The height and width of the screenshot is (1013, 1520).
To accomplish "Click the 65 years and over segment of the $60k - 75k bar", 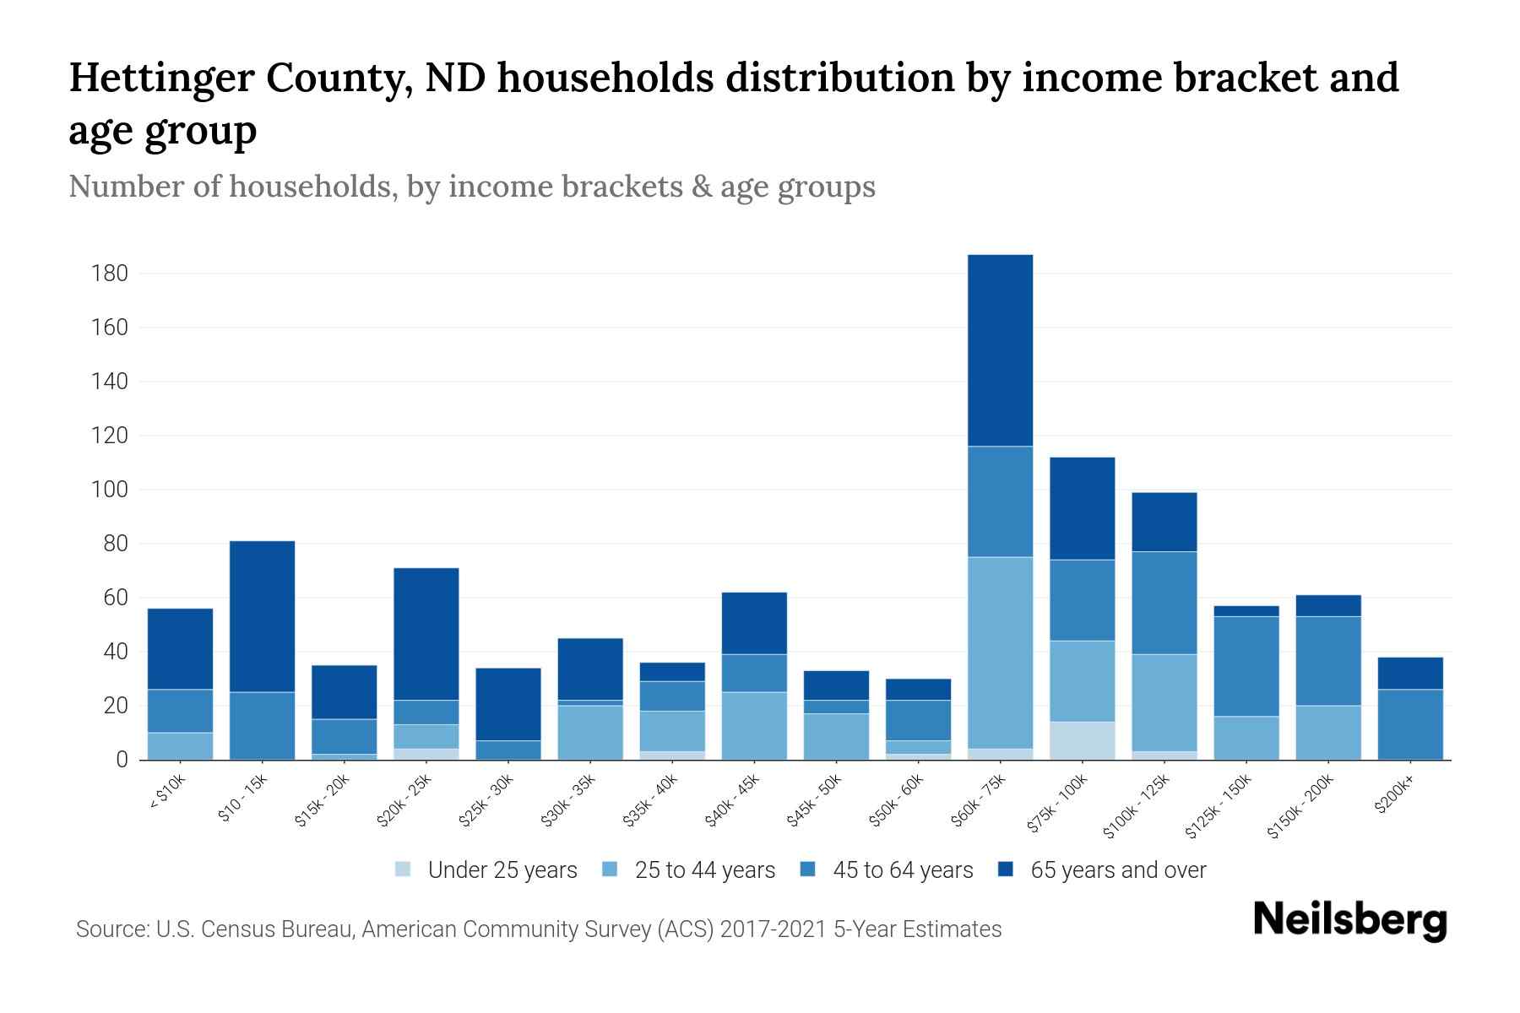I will click(1000, 350).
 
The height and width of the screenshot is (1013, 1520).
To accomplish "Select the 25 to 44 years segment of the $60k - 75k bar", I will click(1000, 653).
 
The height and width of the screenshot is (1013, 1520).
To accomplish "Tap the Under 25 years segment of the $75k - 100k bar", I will click(1082, 740).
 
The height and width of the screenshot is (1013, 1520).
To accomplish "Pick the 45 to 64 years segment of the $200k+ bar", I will click(1410, 724).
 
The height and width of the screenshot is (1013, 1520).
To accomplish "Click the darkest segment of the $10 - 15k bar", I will click(262, 616).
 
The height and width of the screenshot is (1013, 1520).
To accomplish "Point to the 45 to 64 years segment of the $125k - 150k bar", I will click(1246, 666).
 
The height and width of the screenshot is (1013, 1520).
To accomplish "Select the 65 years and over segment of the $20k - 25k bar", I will click(426, 634).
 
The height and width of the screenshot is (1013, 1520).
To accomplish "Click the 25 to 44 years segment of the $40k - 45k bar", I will click(754, 726).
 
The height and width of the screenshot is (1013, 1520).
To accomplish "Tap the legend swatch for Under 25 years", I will click(404, 869).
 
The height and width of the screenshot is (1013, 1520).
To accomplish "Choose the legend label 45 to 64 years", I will click(902, 870).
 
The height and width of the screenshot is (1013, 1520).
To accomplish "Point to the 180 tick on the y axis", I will click(110, 274).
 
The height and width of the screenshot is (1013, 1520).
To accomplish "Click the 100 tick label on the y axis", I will click(110, 490).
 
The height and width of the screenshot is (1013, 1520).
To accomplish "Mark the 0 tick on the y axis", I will click(122, 760).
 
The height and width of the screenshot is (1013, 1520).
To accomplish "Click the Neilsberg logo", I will click(1349, 920).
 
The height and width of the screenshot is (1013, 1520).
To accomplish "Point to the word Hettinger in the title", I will click(161, 78).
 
